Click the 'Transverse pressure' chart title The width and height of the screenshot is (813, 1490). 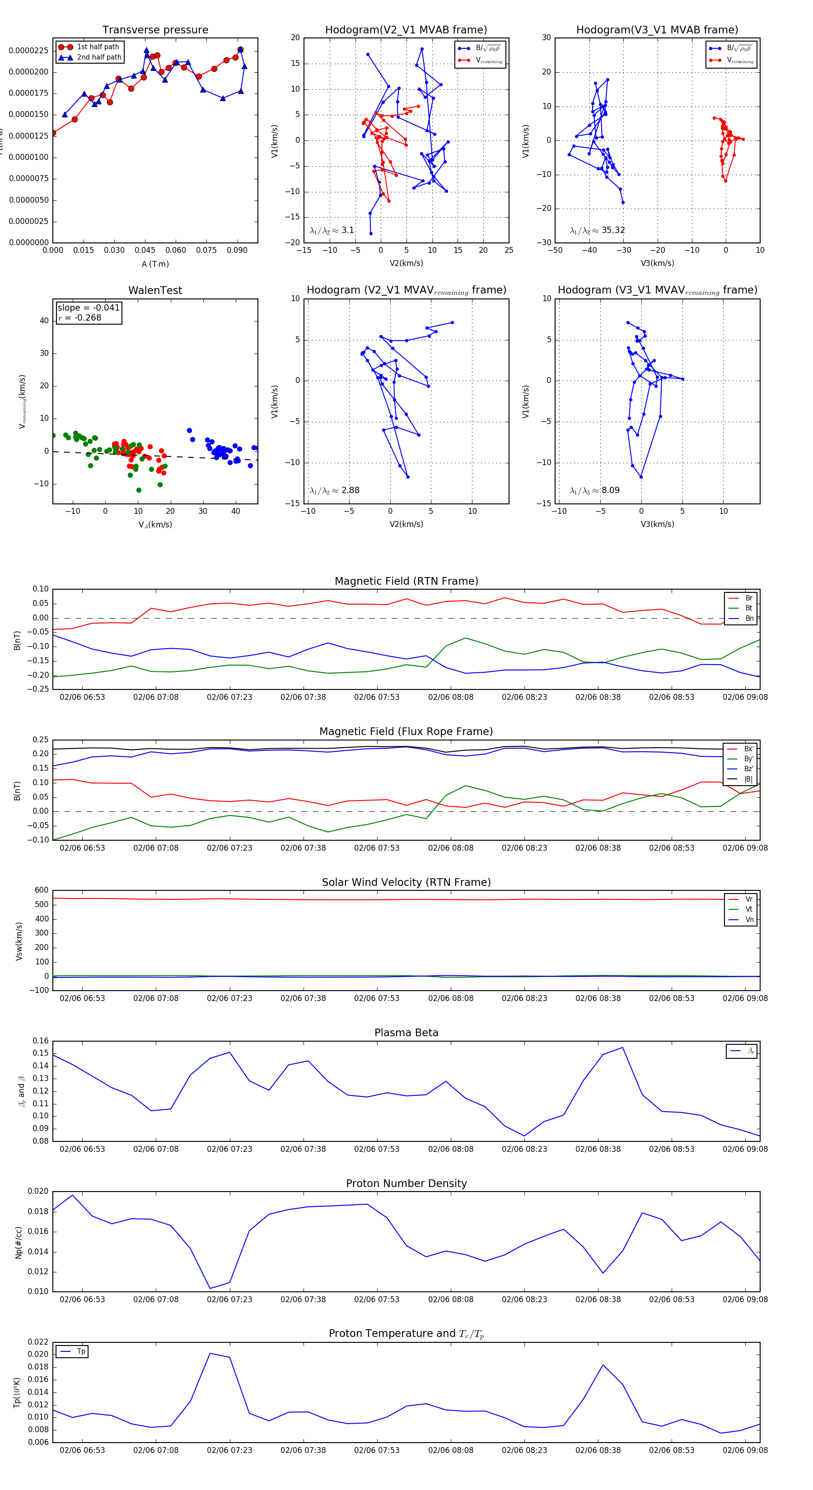[x=155, y=30]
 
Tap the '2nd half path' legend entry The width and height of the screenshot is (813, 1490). [x=99, y=57]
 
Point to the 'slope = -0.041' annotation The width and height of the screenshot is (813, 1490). [x=89, y=308]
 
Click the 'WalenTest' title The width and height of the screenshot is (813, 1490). [x=155, y=290]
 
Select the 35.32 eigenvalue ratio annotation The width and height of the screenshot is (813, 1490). [x=597, y=230]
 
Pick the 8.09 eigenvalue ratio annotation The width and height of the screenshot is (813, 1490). [x=595, y=490]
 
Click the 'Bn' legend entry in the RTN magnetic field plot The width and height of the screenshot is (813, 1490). [x=749, y=618]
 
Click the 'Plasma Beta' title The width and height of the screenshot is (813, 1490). [x=406, y=1033]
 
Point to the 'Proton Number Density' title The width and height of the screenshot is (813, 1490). [x=406, y=1183]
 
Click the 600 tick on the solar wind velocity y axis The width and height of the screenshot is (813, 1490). [x=41, y=890]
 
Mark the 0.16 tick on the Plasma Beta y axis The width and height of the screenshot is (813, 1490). [x=41, y=1041]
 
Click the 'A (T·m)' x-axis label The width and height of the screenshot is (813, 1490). [x=155, y=264]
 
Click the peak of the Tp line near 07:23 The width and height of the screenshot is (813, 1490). [x=210, y=1354]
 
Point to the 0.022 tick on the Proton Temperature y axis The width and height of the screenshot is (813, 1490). [x=38, y=1342]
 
